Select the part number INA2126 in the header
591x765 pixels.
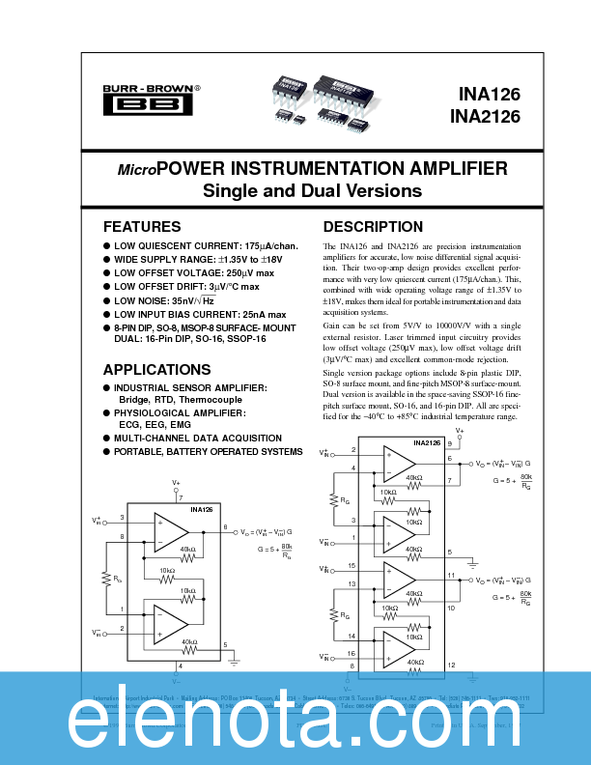click(484, 117)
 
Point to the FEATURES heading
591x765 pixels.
click(142, 227)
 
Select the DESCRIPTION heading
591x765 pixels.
click(373, 227)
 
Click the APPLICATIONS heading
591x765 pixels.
click(157, 370)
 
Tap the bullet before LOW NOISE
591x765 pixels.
click(107, 300)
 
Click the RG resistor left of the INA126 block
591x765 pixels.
click(106, 580)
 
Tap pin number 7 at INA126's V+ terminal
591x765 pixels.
click(181, 497)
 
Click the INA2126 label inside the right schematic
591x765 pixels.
click(428, 443)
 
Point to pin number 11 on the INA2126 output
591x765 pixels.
click(450, 575)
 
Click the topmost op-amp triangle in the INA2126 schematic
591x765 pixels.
click(398, 467)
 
